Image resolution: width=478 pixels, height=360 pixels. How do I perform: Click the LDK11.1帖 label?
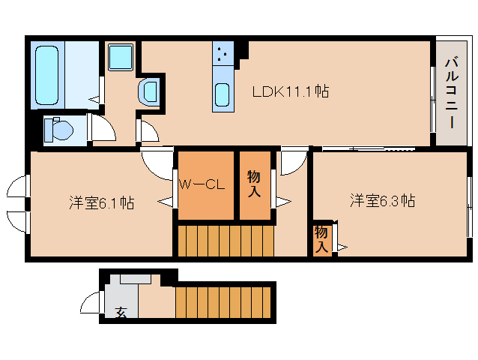click(x=290, y=92)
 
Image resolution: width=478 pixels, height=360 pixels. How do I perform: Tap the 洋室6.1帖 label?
click(x=101, y=202)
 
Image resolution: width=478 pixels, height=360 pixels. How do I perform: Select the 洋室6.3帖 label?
click(x=382, y=201)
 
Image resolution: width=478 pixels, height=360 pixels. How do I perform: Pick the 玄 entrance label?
click(x=121, y=311)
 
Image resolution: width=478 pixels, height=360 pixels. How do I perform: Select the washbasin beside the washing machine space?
click(x=149, y=91)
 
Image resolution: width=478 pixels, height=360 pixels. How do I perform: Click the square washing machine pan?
click(x=120, y=57)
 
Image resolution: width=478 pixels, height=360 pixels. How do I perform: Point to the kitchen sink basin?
click(x=223, y=96)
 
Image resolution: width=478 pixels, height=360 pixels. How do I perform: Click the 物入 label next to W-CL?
click(x=254, y=184)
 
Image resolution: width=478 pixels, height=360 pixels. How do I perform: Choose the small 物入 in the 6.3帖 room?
click(x=321, y=238)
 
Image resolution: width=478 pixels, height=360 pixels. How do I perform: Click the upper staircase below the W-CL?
click(x=226, y=241)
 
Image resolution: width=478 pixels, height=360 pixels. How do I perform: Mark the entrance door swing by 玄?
click(x=91, y=304)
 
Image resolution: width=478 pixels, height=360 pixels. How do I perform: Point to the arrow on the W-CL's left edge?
click(x=166, y=200)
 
